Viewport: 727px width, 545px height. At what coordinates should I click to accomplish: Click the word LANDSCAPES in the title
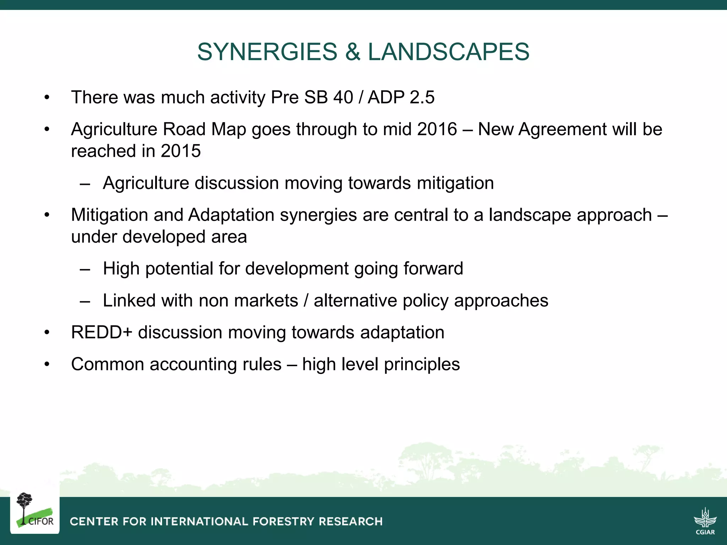tap(448, 52)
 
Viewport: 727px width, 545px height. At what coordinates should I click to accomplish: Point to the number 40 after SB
tap(343, 98)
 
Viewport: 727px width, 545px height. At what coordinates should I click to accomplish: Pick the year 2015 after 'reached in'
tap(181, 151)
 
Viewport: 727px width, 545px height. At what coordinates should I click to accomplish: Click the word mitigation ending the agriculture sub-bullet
tap(455, 183)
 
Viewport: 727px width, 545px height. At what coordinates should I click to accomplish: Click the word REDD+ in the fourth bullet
tap(102, 333)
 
